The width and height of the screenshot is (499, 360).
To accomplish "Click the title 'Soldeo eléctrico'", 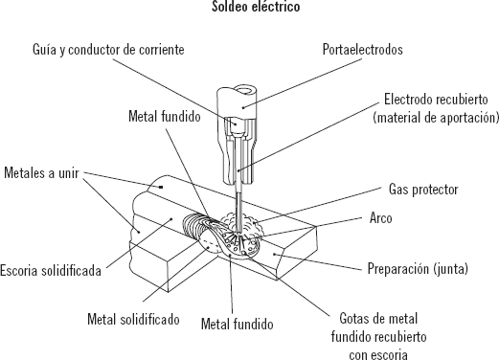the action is [x=256, y=7].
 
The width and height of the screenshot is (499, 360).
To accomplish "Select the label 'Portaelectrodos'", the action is [x=362, y=50].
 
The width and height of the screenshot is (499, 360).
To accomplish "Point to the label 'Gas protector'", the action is [x=423, y=190].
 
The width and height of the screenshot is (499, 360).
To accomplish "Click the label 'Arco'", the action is [x=380, y=218].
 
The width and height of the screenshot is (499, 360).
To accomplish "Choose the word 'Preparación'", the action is [x=398, y=268].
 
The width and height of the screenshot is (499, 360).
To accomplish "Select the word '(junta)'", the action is [x=451, y=268].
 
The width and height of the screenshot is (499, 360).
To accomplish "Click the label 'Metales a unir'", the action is [x=41, y=172].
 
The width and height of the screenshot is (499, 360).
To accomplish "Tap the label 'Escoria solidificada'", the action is [x=51, y=271].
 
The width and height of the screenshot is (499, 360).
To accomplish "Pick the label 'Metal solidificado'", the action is [x=133, y=319].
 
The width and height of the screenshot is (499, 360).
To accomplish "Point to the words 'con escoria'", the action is [x=378, y=354].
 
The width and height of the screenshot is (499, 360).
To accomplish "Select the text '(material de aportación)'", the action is [x=436, y=118].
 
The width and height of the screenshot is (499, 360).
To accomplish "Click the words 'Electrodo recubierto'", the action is [x=436, y=100].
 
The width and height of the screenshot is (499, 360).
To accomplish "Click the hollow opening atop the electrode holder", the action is [x=246, y=90].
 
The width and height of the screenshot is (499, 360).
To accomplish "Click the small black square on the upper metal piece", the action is [x=161, y=187].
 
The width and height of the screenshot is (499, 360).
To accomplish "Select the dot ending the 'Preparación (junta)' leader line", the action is [x=274, y=254].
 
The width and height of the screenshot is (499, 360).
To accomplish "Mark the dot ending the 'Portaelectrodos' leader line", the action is [x=243, y=107].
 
